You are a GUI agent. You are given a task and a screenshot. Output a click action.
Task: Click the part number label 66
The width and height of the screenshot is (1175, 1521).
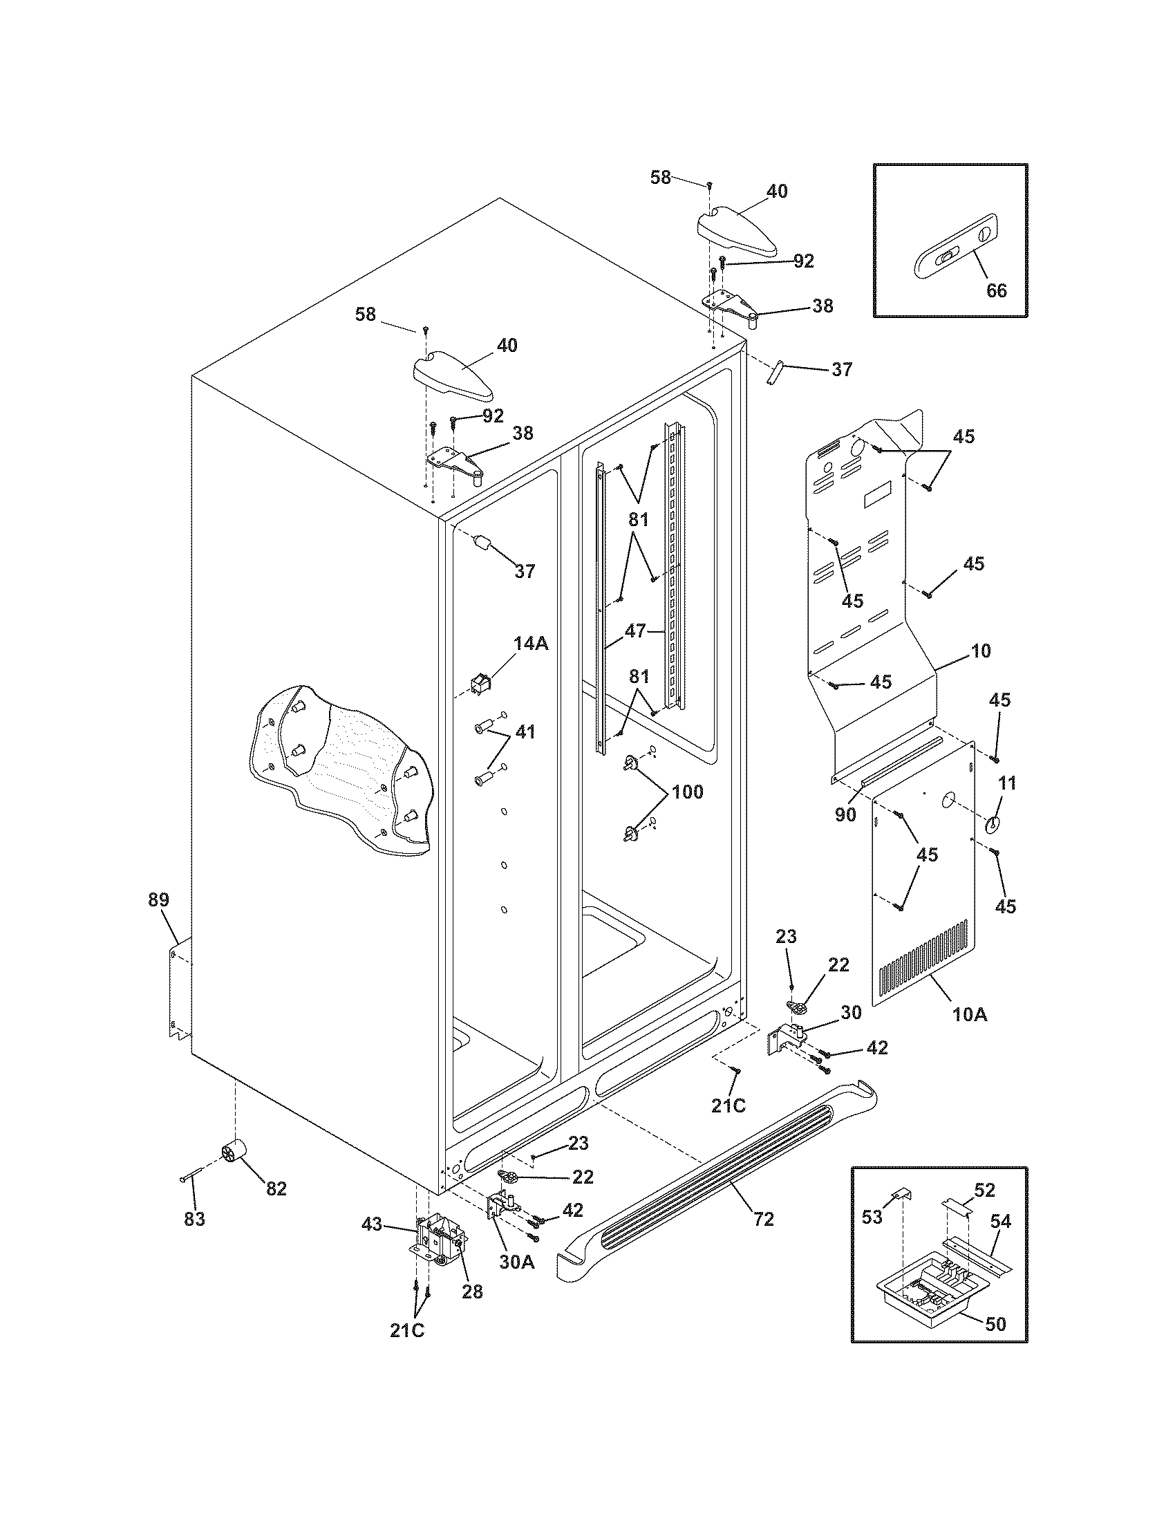[x=997, y=290]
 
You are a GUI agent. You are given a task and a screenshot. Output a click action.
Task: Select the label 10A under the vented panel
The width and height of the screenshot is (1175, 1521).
[x=970, y=1015]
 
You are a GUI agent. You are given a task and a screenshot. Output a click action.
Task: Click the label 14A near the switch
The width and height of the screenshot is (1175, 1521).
[x=531, y=644]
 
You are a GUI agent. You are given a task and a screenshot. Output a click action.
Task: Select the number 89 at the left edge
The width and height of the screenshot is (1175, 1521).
[x=158, y=899]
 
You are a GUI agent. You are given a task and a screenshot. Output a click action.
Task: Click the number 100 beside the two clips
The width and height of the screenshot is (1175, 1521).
[x=687, y=792]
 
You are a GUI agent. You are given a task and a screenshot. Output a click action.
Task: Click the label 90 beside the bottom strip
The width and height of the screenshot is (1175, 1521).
[x=845, y=814]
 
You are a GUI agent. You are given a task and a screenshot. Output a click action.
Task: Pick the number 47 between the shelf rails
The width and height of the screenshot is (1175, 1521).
[x=634, y=632]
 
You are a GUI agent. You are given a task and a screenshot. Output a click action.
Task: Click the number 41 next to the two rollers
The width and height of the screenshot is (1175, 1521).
[x=525, y=732]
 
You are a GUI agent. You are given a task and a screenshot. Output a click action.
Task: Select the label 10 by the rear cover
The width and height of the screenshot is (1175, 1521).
[x=980, y=651]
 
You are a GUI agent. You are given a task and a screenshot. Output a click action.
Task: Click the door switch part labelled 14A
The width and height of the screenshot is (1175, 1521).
[x=479, y=686]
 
